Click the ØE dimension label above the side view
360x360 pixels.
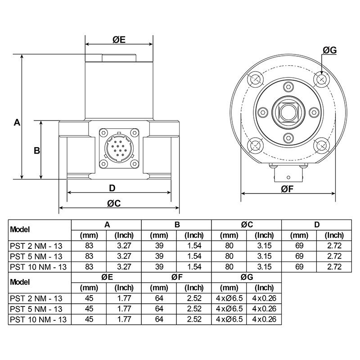tap(119, 40)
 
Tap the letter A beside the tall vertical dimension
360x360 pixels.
tap(17, 122)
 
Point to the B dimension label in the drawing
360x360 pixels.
tap(37, 150)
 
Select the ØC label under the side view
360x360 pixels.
tap(114, 203)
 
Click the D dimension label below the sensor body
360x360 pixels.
tap(112, 188)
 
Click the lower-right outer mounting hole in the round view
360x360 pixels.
tap(321, 145)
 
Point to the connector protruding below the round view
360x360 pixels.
tap(288, 173)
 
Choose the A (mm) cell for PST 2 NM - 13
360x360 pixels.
tap(89, 245)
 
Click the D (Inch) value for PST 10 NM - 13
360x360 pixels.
tap(334, 266)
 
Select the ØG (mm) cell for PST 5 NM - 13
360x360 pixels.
tap(229, 309)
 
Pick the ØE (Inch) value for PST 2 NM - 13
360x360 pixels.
tap(124, 298)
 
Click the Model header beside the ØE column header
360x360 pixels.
tap(20, 283)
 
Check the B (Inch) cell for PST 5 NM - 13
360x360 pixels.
tap(194, 256)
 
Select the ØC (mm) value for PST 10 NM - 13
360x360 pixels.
tap(229, 266)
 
